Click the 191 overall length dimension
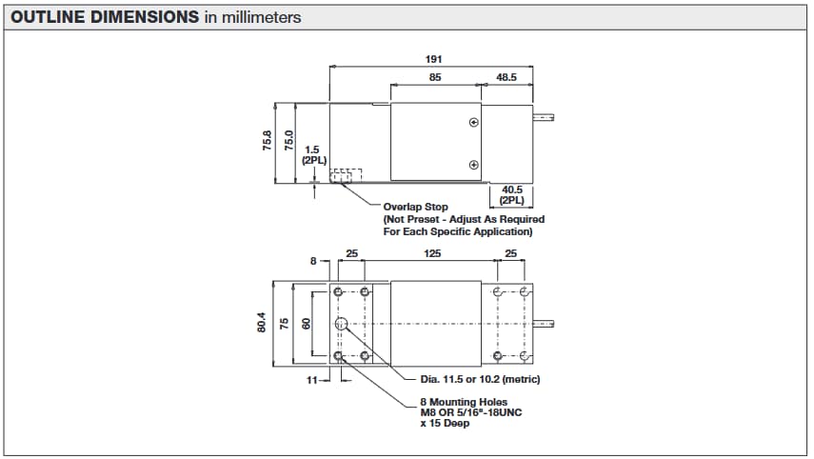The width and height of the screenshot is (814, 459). click(433, 59)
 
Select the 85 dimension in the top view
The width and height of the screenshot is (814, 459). click(434, 78)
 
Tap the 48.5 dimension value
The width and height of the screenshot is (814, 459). click(506, 78)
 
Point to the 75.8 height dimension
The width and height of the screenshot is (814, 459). click(268, 141)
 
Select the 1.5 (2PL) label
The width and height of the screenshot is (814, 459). click(313, 155)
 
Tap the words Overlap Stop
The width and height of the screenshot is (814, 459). click(415, 207)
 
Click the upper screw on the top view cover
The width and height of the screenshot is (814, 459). click(473, 123)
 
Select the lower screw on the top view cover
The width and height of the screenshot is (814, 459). click(473, 166)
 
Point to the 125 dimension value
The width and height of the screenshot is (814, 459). click(432, 254)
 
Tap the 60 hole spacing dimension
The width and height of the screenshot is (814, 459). click(306, 323)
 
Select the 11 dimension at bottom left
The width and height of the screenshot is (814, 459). click(310, 379)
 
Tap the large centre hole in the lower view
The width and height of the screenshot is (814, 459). click(341, 324)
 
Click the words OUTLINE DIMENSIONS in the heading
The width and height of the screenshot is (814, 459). click(105, 17)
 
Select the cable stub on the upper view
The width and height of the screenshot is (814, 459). click(544, 119)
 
